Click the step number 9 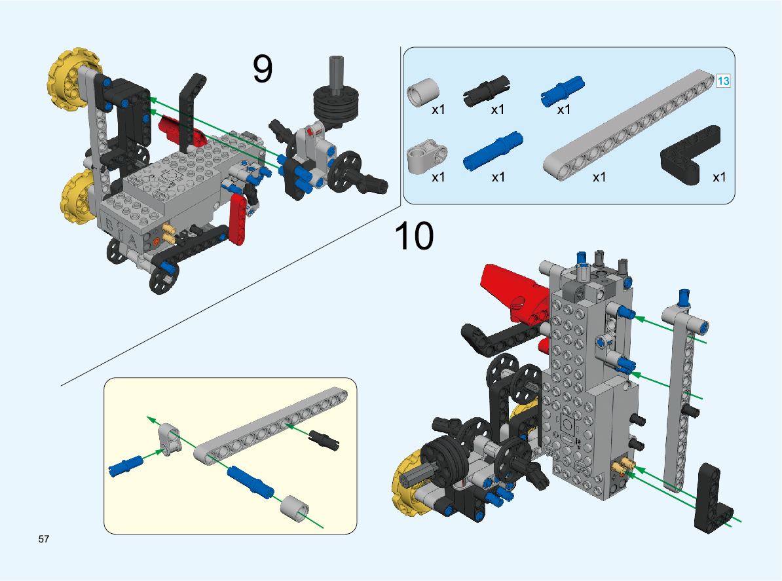pyautogui.click(x=263, y=69)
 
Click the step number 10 pyautogui.click(x=414, y=236)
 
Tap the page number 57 pyautogui.click(x=44, y=540)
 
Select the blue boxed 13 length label pyautogui.click(x=724, y=81)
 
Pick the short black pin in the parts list pyautogui.click(x=487, y=91)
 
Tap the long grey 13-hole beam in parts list pyautogui.click(x=629, y=124)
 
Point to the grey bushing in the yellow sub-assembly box pyautogui.click(x=295, y=508)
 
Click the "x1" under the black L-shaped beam pyautogui.click(x=720, y=177)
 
